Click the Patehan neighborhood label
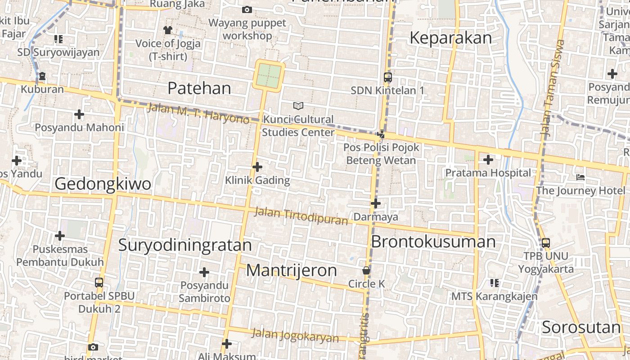(x=199, y=88)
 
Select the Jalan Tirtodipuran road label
(x=301, y=216)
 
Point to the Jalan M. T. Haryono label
(x=198, y=113)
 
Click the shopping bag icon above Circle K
(x=366, y=270)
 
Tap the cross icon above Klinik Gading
(x=257, y=167)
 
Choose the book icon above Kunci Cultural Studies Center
(x=298, y=106)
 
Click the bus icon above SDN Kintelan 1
(x=387, y=77)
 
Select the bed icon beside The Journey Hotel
(x=580, y=177)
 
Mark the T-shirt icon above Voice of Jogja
(x=168, y=30)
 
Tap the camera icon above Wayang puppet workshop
(x=247, y=9)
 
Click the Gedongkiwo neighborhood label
(x=103, y=184)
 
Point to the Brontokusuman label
(x=433, y=242)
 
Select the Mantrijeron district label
(x=291, y=270)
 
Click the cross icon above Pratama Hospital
(x=488, y=159)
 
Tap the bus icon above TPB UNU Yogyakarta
(x=545, y=243)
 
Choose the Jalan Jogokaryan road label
(x=295, y=336)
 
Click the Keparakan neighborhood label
(x=450, y=38)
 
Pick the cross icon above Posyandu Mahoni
(x=79, y=114)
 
